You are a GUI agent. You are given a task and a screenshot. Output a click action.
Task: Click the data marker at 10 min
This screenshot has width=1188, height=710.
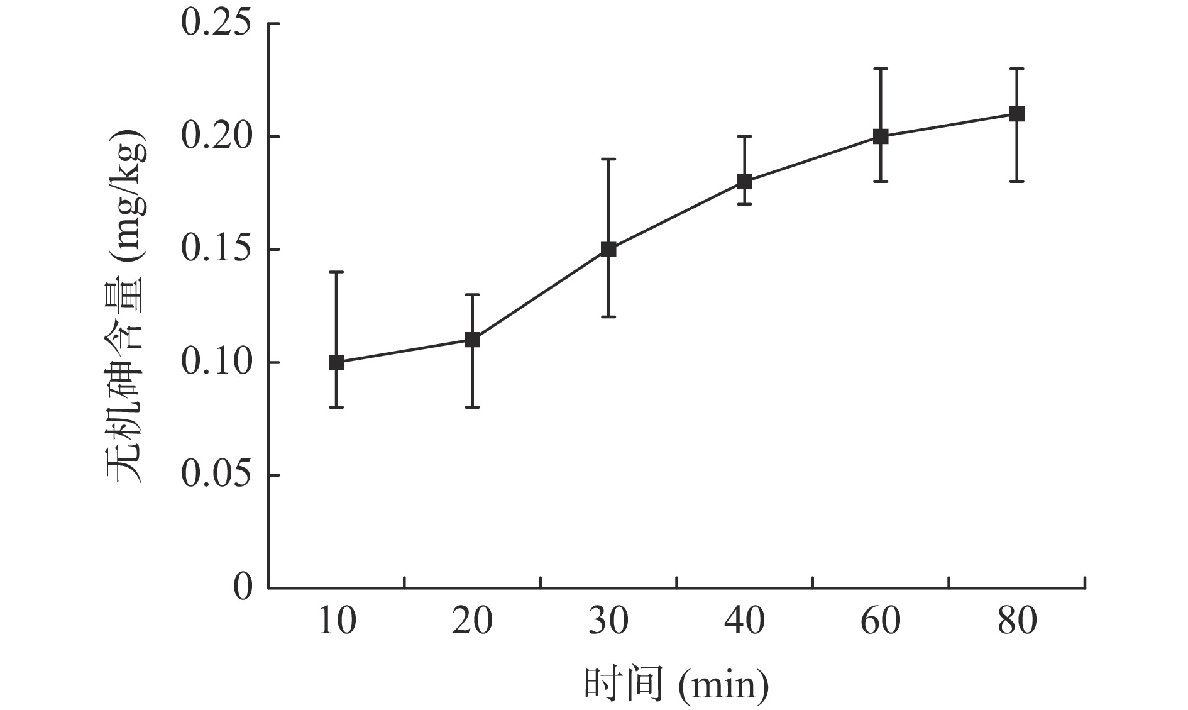click(336, 362)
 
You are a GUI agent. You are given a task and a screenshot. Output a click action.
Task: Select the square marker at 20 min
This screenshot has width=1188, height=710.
click(472, 340)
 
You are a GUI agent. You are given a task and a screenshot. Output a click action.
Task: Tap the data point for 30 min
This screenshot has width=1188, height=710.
click(608, 250)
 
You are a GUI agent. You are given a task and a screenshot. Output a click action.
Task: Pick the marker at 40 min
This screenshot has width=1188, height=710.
click(744, 182)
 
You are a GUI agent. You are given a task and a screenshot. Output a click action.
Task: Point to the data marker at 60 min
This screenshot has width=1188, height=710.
click(881, 136)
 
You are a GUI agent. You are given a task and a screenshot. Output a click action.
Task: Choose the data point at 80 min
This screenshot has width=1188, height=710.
click(1016, 114)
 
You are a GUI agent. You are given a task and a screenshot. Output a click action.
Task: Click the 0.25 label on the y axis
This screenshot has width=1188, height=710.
click(216, 24)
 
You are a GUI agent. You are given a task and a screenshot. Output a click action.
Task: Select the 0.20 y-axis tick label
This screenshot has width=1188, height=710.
click(216, 136)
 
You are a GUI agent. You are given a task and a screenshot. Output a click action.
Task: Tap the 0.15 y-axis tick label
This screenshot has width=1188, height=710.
click(216, 250)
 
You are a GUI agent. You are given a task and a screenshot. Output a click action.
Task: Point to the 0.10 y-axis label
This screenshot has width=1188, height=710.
click(216, 362)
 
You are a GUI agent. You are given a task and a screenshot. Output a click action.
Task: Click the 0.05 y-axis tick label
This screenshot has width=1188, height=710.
click(216, 475)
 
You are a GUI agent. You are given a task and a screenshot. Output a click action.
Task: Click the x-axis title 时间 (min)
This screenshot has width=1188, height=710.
click(676, 684)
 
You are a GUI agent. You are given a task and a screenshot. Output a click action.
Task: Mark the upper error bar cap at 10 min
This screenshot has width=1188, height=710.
click(336, 272)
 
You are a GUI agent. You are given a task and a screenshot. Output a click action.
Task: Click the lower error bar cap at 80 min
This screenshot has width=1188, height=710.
click(1016, 181)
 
